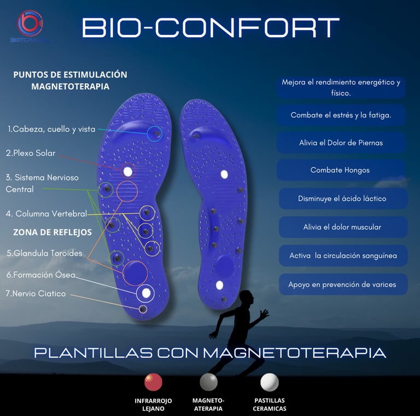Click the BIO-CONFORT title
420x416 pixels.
210,28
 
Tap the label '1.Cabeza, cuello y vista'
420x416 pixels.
51,130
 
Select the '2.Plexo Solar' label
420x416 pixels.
31,153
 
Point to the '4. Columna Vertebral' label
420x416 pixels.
46,214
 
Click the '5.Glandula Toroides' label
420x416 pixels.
44,253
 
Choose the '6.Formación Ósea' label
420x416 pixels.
40,274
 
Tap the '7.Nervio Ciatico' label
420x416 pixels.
36,294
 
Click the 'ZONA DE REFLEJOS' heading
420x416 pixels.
52,232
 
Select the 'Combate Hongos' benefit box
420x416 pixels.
340,170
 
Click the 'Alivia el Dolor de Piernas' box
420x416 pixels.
340,143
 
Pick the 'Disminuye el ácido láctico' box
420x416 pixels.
342,198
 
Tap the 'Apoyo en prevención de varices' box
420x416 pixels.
342,284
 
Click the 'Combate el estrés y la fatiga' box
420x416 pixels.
340,115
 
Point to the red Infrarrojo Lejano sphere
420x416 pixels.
153,382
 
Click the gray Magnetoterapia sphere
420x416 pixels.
208,382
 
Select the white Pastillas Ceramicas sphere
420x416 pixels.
269,382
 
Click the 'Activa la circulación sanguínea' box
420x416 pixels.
342,255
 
